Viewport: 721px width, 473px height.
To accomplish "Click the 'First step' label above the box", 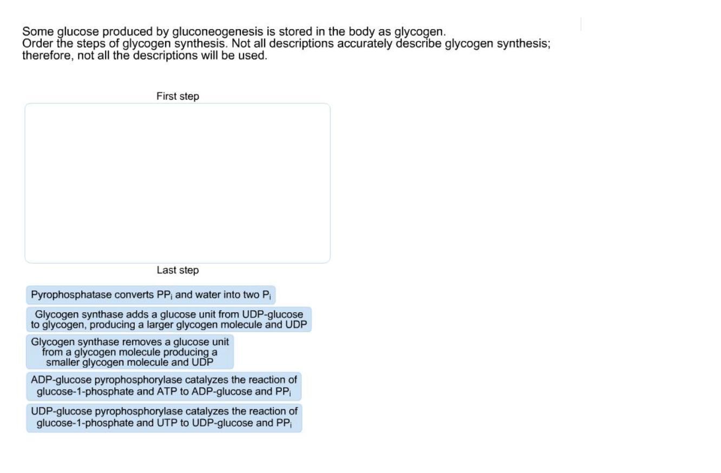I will tap(178, 96).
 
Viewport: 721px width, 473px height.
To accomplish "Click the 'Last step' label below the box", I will tap(178, 270).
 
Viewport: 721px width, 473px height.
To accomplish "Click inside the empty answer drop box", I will tap(178, 183).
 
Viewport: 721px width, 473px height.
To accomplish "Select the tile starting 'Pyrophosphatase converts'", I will tap(151, 295).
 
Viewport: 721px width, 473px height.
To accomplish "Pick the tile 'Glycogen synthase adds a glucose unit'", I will tap(169, 319).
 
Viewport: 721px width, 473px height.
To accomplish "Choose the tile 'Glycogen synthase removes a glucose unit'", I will tap(130, 352).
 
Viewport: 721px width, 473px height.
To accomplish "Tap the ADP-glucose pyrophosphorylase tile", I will tap(164, 386).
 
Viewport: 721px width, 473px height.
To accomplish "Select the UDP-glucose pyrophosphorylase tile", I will tap(164, 417).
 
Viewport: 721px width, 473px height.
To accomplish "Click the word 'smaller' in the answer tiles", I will tap(64, 362).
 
